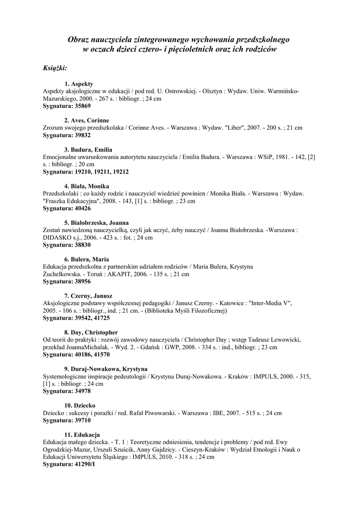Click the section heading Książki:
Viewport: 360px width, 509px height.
coord(55,68)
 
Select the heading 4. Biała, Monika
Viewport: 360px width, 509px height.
coord(87,186)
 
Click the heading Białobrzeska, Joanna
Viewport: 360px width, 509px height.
coord(100,223)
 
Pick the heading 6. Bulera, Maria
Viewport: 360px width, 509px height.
coord(87,259)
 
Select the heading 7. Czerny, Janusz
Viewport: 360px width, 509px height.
coord(89,296)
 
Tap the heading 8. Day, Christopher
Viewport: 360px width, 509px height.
coord(90,333)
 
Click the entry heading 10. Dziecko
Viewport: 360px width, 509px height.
coord(80,406)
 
